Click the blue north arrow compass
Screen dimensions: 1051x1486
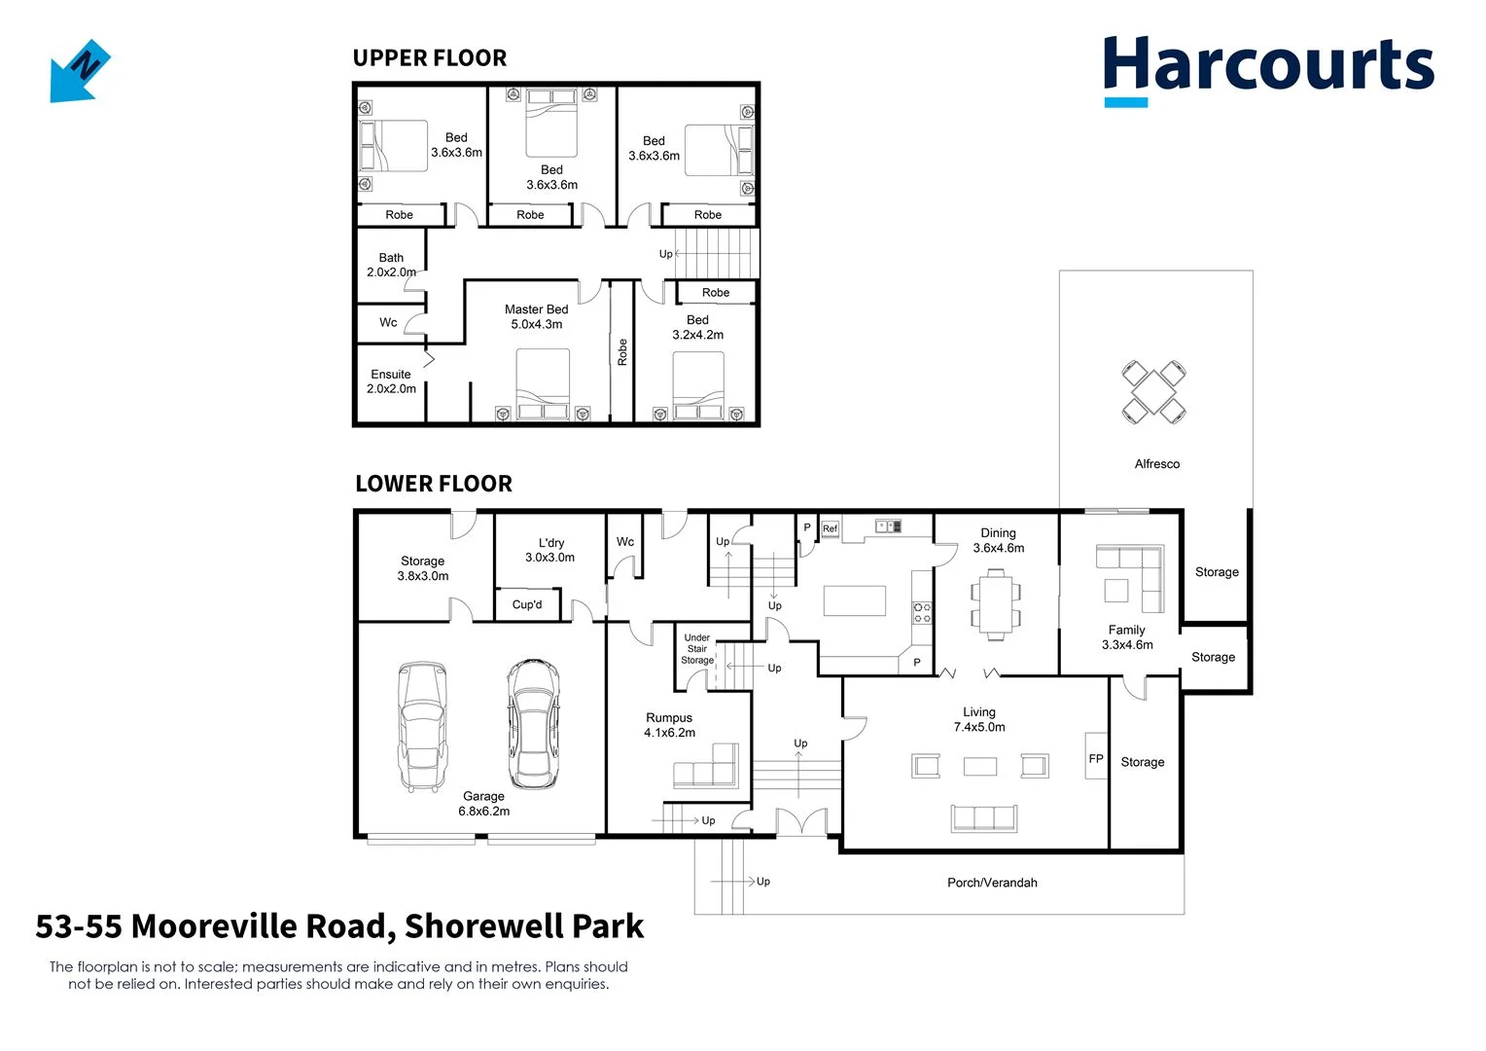click(x=80, y=71)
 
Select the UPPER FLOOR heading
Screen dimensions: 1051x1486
click(x=429, y=58)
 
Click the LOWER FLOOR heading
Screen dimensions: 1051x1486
click(x=433, y=484)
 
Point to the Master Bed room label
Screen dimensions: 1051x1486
click(x=536, y=316)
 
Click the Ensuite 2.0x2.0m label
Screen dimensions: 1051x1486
click(x=391, y=381)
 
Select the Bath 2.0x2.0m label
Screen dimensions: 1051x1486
click(x=391, y=265)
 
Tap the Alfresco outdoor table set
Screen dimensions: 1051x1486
click(x=1153, y=391)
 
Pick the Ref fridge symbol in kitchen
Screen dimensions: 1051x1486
click(x=830, y=528)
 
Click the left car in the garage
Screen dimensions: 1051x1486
click(x=423, y=726)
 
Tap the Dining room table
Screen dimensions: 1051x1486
click(x=995, y=603)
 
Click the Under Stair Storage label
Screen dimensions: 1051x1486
click(x=696, y=649)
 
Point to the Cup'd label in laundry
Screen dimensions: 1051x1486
click(x=527, y=604)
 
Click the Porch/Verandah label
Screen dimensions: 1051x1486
click(x=991, y=883)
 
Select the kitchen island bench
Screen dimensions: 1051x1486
click(x=854, y=600)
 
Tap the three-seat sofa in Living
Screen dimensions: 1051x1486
click(x=983, y=817)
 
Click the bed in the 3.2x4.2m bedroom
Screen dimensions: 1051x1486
click(x=698, y=384)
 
